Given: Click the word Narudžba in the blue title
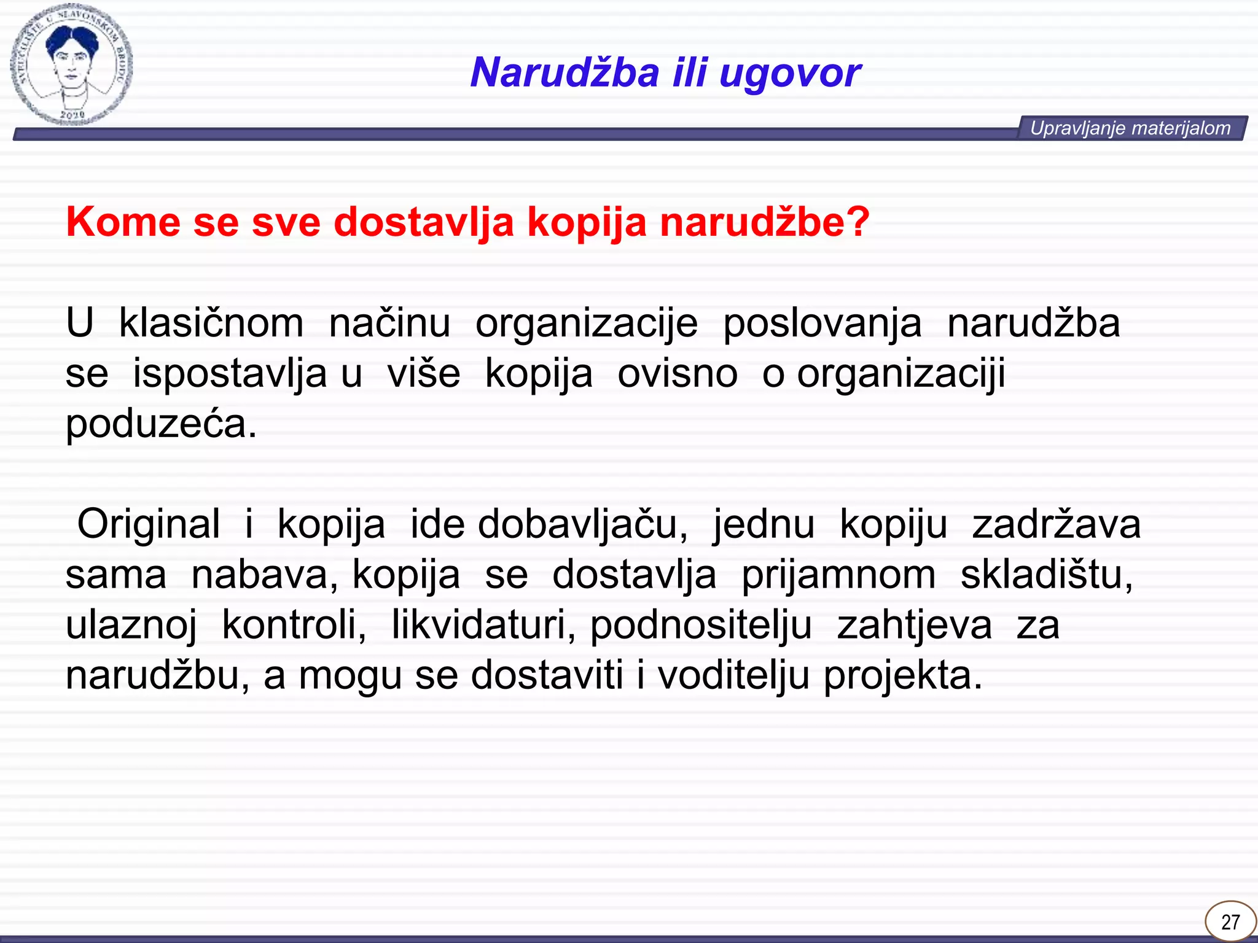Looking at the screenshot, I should click(565, 73).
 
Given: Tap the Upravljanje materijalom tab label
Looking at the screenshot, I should click(1130, 128).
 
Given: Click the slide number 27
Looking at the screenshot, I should click(1230, 922).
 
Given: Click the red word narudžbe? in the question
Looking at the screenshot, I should click(765, 222).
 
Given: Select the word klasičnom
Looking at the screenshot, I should click(211, 324).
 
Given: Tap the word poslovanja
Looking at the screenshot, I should click(822, 324).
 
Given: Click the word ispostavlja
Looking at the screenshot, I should click(230, 374).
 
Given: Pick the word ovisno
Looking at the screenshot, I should click(677, 374).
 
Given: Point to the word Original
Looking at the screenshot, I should click(148, 525).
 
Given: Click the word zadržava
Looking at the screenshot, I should click(1056, 525).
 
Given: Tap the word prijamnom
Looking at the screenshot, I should click(838, 575).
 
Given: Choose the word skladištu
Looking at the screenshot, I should click(1045, 575).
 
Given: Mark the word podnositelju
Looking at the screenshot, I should click(701, 626).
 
